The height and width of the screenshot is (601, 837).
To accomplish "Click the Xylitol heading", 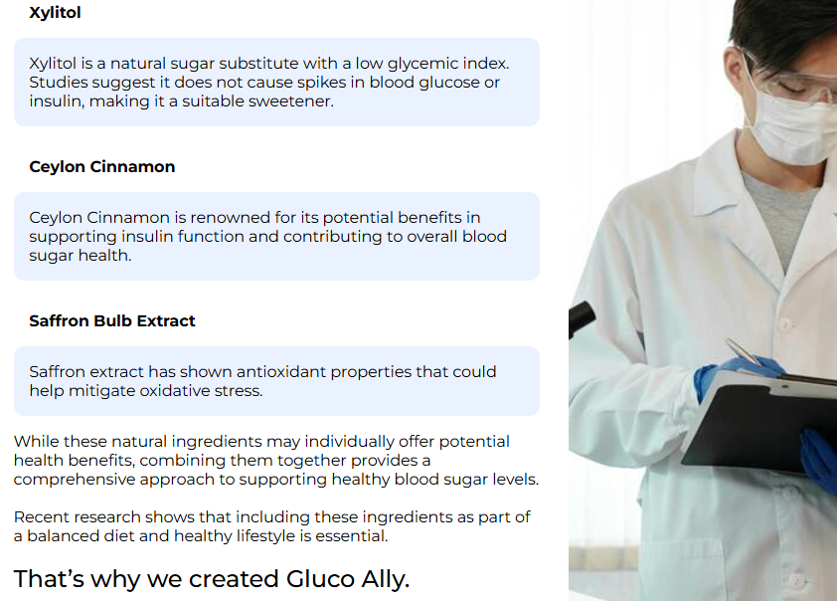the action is coord(55,12).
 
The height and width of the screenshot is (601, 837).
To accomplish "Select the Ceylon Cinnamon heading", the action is coord(102,167).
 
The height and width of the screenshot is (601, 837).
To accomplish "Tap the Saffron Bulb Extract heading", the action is coord(112,320).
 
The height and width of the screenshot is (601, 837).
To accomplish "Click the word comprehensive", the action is coord(75,480).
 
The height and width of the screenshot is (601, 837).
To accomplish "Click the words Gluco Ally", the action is coord(348,579).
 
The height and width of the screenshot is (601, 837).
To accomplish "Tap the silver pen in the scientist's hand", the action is coord(743,350).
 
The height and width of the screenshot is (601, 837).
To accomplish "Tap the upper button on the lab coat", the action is coord(785,323).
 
